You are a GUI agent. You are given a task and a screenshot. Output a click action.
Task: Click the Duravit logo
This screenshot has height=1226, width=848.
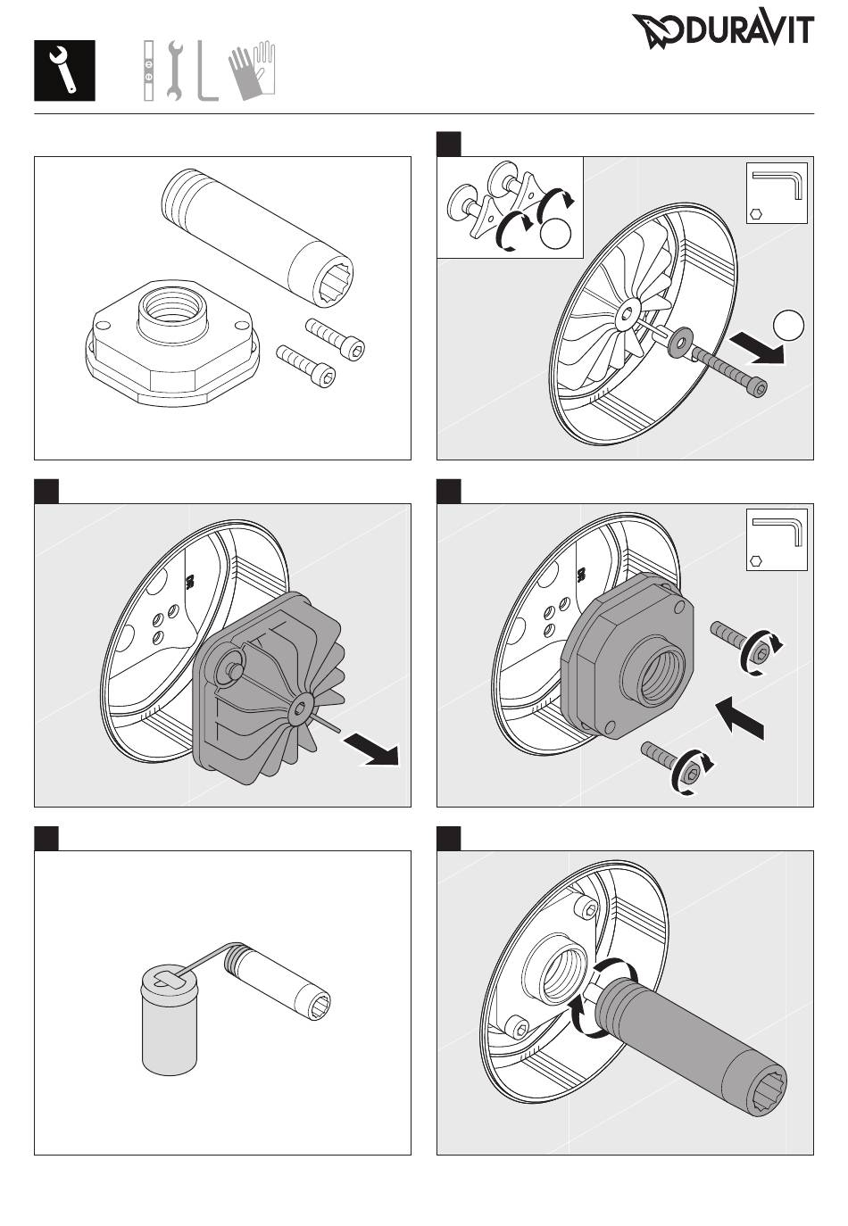pyautogui.click(x=723, y=31)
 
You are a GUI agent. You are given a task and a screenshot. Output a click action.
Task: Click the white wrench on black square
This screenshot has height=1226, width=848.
pyautogui.click(x=64, y=70)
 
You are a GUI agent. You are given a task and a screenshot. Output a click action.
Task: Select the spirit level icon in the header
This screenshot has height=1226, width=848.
pyautogui.click(x=149, y=70)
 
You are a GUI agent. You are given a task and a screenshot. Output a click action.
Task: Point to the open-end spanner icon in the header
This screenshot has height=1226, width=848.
pyautogui.click(x=174, y=70)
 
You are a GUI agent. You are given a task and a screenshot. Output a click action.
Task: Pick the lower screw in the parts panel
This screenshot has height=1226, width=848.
pyautogui.click(x=306, y=367)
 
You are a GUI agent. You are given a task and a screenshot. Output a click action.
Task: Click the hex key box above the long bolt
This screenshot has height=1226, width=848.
pyautogui.click(x=776, y=193)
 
